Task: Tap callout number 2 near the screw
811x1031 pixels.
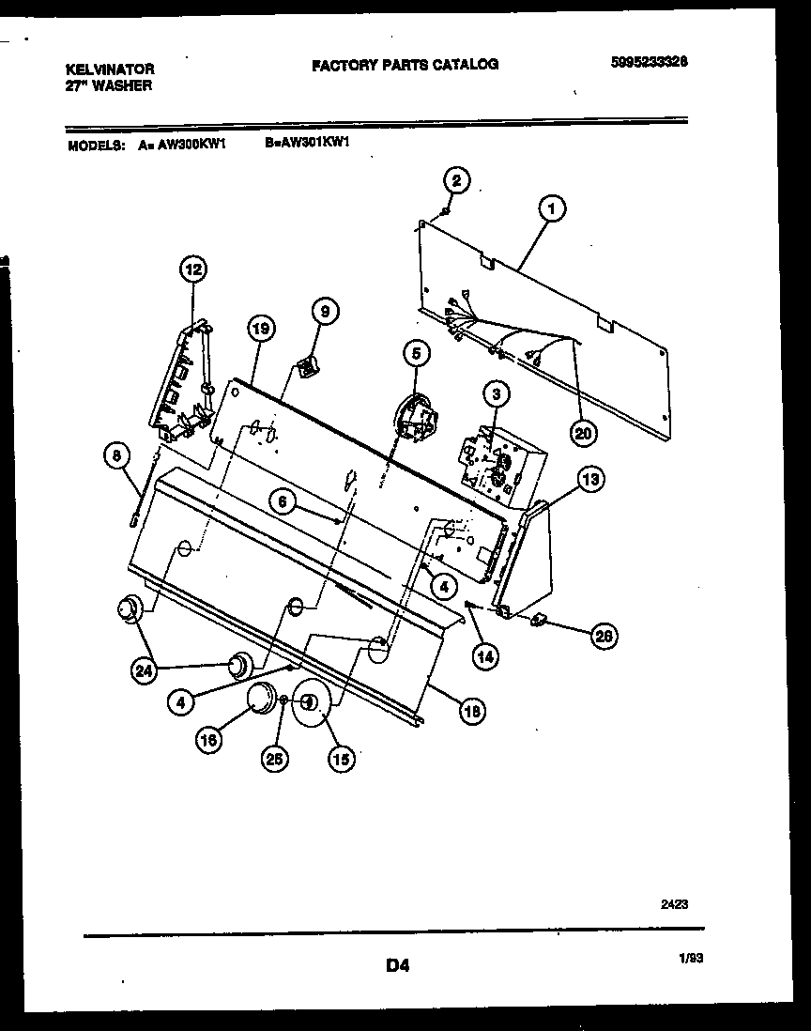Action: pyautogui.click(x=455, y=181)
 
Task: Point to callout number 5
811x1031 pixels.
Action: pyautogui.click(x=416, y=353)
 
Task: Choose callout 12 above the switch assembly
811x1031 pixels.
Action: pyautogui.click(x=191, y=270)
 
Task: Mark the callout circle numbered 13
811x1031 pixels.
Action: pyautogui.click(x=589, y=481)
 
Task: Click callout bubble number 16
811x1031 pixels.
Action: pyautogui.click(x=208, y=740)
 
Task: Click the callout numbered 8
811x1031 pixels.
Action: pyautogui.click(x=116, y=456)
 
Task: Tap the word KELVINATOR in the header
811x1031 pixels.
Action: pyautogui.click(x=110, y=69)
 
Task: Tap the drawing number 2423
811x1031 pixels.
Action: pyautogui.click(x=674, y=905)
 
